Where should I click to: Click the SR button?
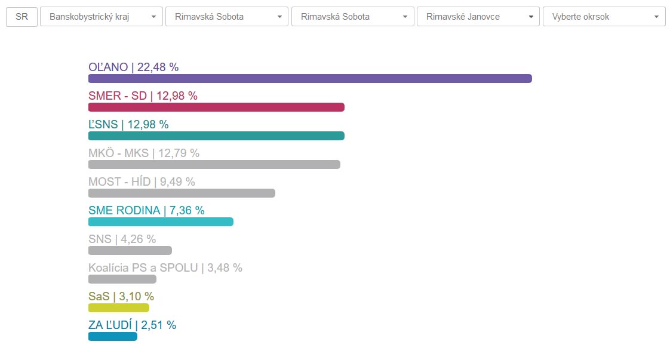tap(21, 17)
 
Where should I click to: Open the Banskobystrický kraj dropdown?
tap(101, 17)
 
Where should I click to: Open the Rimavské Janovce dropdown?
tap(478, 17)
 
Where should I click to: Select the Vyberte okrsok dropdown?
tap(604, 17)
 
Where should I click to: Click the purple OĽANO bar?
tap(310, 78)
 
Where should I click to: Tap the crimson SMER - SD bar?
tap(216, 107)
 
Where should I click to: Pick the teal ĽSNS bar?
tap(216, 136)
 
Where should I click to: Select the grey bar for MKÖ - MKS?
tap(214, 164)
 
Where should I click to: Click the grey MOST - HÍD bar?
tap(182, 193)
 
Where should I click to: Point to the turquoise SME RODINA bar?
tap(161, 221)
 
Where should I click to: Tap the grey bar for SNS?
tap(130, 250)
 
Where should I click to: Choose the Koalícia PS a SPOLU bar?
tap(122, 279)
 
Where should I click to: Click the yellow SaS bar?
tap(119, 307)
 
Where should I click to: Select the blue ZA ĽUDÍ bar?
tap(113, 336)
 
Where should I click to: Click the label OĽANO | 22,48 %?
tap(133, 67)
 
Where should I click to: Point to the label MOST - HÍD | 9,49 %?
tap(142, 181)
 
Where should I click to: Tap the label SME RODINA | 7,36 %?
tap(146, 210)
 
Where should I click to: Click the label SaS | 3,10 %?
tap(121, 296)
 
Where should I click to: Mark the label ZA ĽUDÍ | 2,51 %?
tap(132, 325)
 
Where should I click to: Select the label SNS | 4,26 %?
tap(122, 239)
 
